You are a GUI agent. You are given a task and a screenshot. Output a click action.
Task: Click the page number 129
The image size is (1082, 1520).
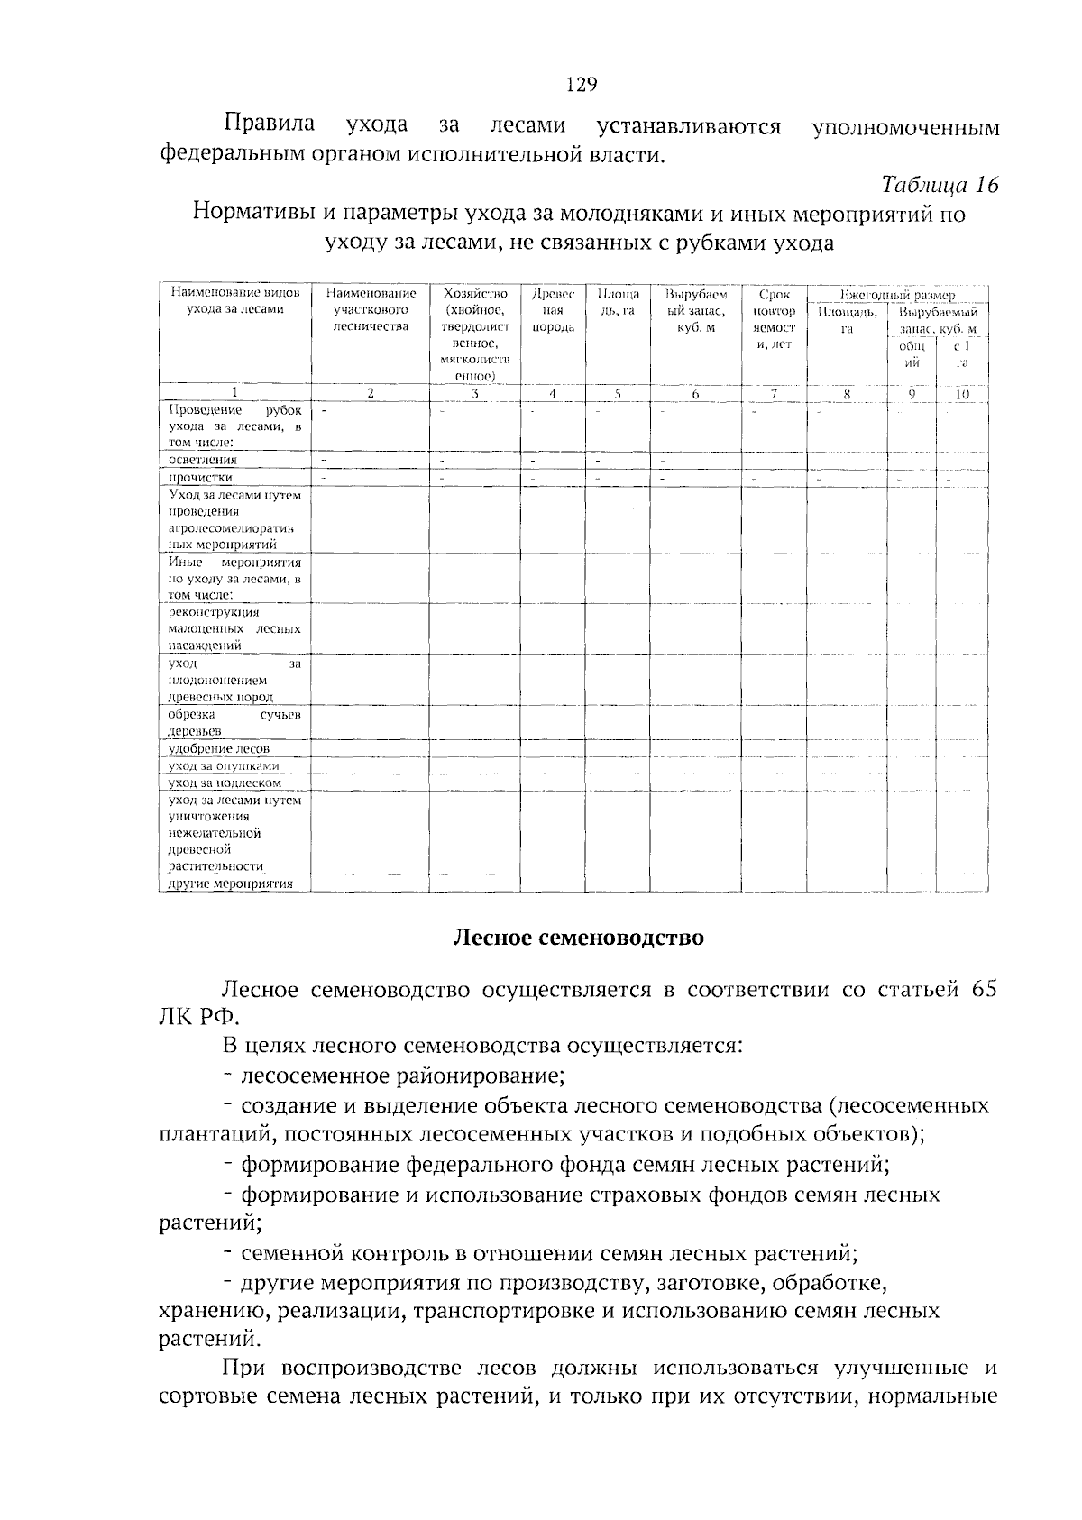[x=582, y=86]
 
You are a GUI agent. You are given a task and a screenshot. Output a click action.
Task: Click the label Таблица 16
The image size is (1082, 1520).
[x=940, y=186]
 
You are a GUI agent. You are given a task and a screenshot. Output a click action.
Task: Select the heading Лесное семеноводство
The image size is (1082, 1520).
[x=578, y=938]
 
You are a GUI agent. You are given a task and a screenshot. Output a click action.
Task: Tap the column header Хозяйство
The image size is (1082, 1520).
[x=475, y=294]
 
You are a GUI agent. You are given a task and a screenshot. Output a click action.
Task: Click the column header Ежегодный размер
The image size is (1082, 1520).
[x=896, y=295]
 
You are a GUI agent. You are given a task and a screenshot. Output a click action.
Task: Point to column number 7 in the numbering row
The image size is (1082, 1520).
[x=774, y=393]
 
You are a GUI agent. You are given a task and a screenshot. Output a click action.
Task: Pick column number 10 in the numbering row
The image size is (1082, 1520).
[x=961, y=394]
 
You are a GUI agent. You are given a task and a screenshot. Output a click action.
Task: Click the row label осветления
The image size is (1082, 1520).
[x=203, y=460]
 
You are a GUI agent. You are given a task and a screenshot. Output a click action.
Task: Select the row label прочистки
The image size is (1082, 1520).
[x=201, y=477]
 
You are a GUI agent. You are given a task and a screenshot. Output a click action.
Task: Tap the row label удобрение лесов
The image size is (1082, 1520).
[x=219, y=748]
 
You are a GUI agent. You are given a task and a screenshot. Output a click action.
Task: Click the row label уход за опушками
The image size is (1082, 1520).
[x=224, y=765]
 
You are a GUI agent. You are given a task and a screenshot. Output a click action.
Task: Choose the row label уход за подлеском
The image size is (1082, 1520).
[x=225, y=783]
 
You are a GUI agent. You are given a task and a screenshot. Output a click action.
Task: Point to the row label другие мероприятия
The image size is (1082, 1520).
[x=231, y=884]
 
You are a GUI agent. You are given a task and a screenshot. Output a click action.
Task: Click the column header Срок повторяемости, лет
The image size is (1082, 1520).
[x=774, y=319]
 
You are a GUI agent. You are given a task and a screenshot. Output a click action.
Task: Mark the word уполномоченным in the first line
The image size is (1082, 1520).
[x=905, y=127]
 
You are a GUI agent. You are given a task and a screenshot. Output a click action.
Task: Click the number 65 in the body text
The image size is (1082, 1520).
[x=985, y=988]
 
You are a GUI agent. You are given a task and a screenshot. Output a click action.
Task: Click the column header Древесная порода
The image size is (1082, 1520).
[x=553, y=310]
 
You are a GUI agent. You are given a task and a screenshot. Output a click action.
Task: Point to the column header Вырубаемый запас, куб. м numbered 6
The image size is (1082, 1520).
[x=695, y=310]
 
